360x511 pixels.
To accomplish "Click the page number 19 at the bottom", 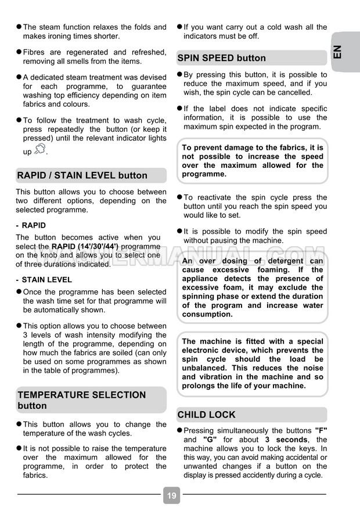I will (x=171, y=495).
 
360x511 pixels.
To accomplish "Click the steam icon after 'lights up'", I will (x=39, y=149).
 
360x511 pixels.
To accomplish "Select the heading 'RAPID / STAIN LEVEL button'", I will (x=82, y=175).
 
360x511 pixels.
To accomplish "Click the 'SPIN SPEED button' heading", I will (x=221, y=58).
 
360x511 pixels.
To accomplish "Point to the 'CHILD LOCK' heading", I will (x=206, y=415).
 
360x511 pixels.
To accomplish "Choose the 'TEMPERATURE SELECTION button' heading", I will (x=82, y=400).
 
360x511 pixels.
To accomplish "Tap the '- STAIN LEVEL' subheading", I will (x=44, y=279).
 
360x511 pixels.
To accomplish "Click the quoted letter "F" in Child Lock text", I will (x=321, y=431).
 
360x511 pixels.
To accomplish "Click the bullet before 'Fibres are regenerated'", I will (x=19, y=52).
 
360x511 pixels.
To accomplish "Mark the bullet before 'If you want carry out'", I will (x=179, y=27).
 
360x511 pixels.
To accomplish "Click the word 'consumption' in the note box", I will (x=207, y=314).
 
